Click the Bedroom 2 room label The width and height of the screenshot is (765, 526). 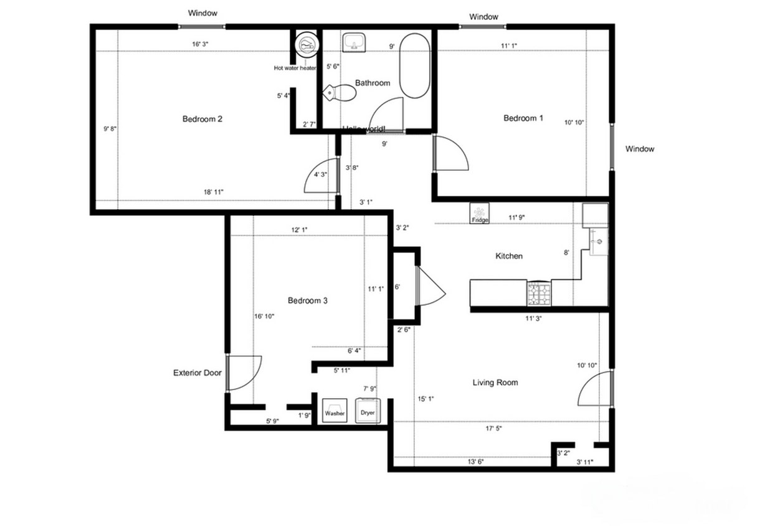202,119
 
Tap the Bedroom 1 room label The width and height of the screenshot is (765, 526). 523,118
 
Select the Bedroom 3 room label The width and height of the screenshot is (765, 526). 308,301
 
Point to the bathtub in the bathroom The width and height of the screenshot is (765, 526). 415,65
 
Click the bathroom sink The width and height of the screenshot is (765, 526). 354,42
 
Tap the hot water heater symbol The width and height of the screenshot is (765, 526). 307,44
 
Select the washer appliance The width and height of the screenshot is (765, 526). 335,411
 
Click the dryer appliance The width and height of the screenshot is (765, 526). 368,411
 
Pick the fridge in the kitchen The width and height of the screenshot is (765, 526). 479,213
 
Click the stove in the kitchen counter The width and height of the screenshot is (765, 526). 539,294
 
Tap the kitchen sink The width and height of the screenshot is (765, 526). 597,241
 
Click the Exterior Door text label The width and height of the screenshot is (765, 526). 197,373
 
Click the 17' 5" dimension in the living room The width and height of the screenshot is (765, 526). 493,429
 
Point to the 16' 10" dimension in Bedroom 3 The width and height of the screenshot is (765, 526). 264,316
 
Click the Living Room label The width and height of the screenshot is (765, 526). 495,383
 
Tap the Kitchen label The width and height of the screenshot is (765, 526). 509,256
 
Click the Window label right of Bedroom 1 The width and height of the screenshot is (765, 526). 640,149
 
